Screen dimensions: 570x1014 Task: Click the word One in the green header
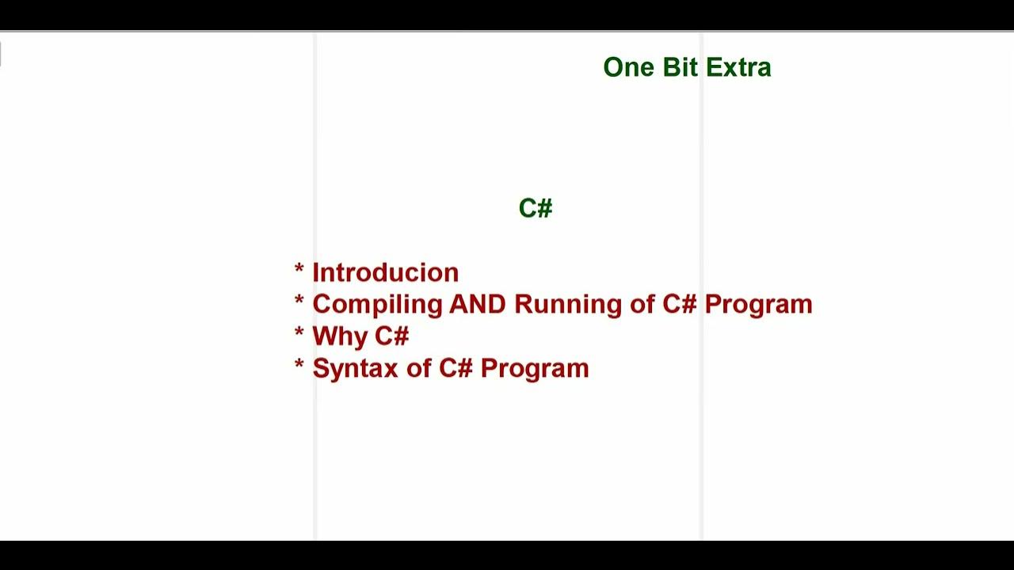(628, 67)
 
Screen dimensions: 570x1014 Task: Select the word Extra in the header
(738, 67)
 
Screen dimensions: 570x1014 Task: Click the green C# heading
(536, 208)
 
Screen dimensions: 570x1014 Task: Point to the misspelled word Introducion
(385, 272)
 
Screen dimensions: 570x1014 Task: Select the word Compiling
(377, 305)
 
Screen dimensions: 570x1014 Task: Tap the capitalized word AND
(477, 304)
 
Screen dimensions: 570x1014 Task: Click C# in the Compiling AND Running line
(680, 304)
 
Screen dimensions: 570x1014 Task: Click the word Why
(340, 336)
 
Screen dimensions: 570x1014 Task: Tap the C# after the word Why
(391, 336)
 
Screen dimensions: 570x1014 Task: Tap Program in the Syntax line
(534, 369)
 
